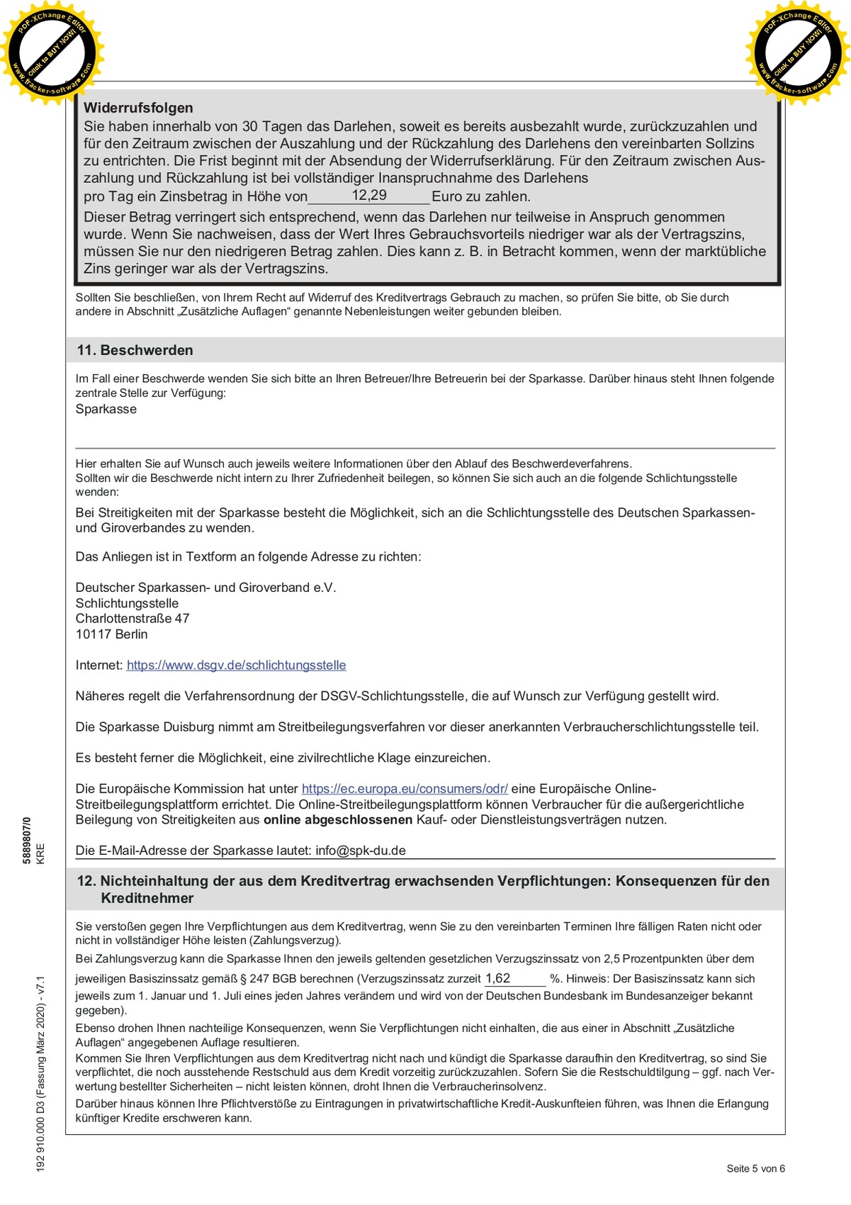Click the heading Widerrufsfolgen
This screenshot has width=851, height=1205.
pyautogui.click(x=138, y=108)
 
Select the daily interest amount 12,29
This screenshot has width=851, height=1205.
pyautogui.click(x=369, y=195)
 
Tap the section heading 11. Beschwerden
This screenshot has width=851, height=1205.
pyautogui.click(x=135, y=350)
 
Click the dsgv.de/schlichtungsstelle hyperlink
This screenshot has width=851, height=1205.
pyautogui.click(x=236, y=665)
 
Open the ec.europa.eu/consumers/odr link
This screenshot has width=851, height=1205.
pyautogui.click(x=405, y=788)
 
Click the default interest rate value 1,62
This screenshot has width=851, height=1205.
pyautogui.click(x=497, y=978)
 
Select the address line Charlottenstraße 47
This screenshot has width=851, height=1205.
pyautogui.click(x=133, y=618)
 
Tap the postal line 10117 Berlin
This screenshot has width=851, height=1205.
pyautogui.click(x=111, y=634)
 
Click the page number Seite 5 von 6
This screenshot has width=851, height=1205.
pyautogui.click(x=755, y=1168)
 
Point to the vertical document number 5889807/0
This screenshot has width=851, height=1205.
pyautogui.click(x=27, y=840)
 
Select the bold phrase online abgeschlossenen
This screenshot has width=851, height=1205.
pyautogui.click(x=337, y=820)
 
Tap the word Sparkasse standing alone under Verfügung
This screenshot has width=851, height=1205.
pyautogui.click(x=106, y=409)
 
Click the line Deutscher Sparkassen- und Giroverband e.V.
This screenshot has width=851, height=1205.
pyautogui.click(x=205, y=588)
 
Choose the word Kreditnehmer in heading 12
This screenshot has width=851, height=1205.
pyautogui.click(x=147, y=898)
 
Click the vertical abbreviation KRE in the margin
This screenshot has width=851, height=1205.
pyautogui.click(x=40, y=853)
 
